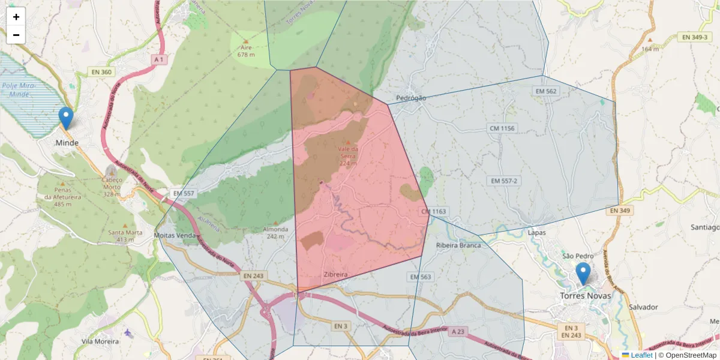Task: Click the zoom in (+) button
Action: tap(16, 17)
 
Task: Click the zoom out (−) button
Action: tap(16, 35)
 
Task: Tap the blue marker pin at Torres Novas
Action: tap(583, 274)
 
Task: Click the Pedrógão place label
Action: tap(412, 98)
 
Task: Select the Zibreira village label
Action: tap(335, 275)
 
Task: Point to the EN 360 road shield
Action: tap(101, 72)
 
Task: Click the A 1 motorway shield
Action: tap(158, 59)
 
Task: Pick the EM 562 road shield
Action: tap(545, 91)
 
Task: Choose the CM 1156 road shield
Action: tap(502, 128)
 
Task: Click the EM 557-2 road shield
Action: tap(503, 181)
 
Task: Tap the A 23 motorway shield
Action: tap(458, 331)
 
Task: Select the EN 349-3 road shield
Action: tap(695, 37)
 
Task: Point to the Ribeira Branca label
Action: tap(459, 245)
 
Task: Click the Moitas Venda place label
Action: tap(175, 235)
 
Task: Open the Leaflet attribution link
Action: tap(641, 355)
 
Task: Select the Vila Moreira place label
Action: tap(100, 341)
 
